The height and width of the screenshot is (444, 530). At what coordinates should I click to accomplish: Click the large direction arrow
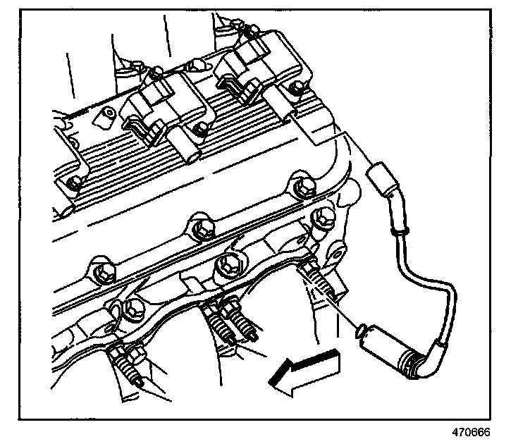click(304, 371)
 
